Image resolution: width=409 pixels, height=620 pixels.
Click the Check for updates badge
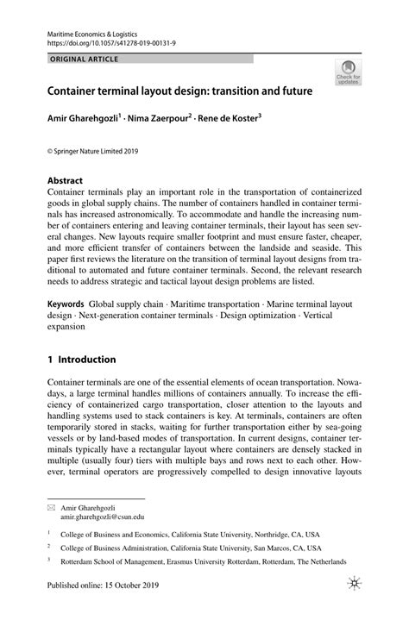(349, 73)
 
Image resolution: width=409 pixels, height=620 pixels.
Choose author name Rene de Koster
(237, 117)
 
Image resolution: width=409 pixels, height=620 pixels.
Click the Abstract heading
(65, 182)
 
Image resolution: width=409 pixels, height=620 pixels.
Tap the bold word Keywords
(66, 305)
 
